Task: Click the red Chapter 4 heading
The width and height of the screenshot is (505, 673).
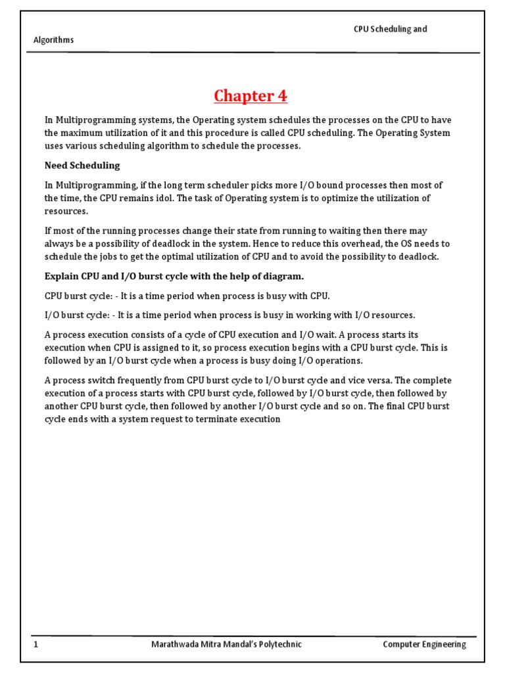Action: click(251, 96)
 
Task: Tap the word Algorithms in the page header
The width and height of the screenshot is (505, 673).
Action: click(54, 40)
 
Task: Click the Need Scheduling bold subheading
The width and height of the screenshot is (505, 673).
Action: click(82, 166)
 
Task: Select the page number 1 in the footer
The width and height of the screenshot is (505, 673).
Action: click(37, 645)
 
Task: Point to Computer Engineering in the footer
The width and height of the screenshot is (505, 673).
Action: click(424, 645)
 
